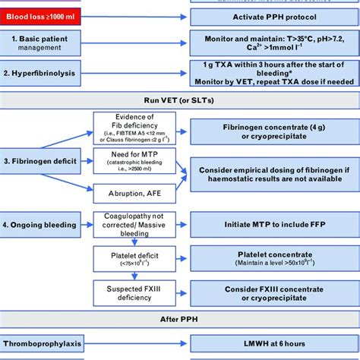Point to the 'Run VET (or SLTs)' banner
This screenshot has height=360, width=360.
coord(179,102)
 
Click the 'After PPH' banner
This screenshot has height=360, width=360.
coord(179,319)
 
